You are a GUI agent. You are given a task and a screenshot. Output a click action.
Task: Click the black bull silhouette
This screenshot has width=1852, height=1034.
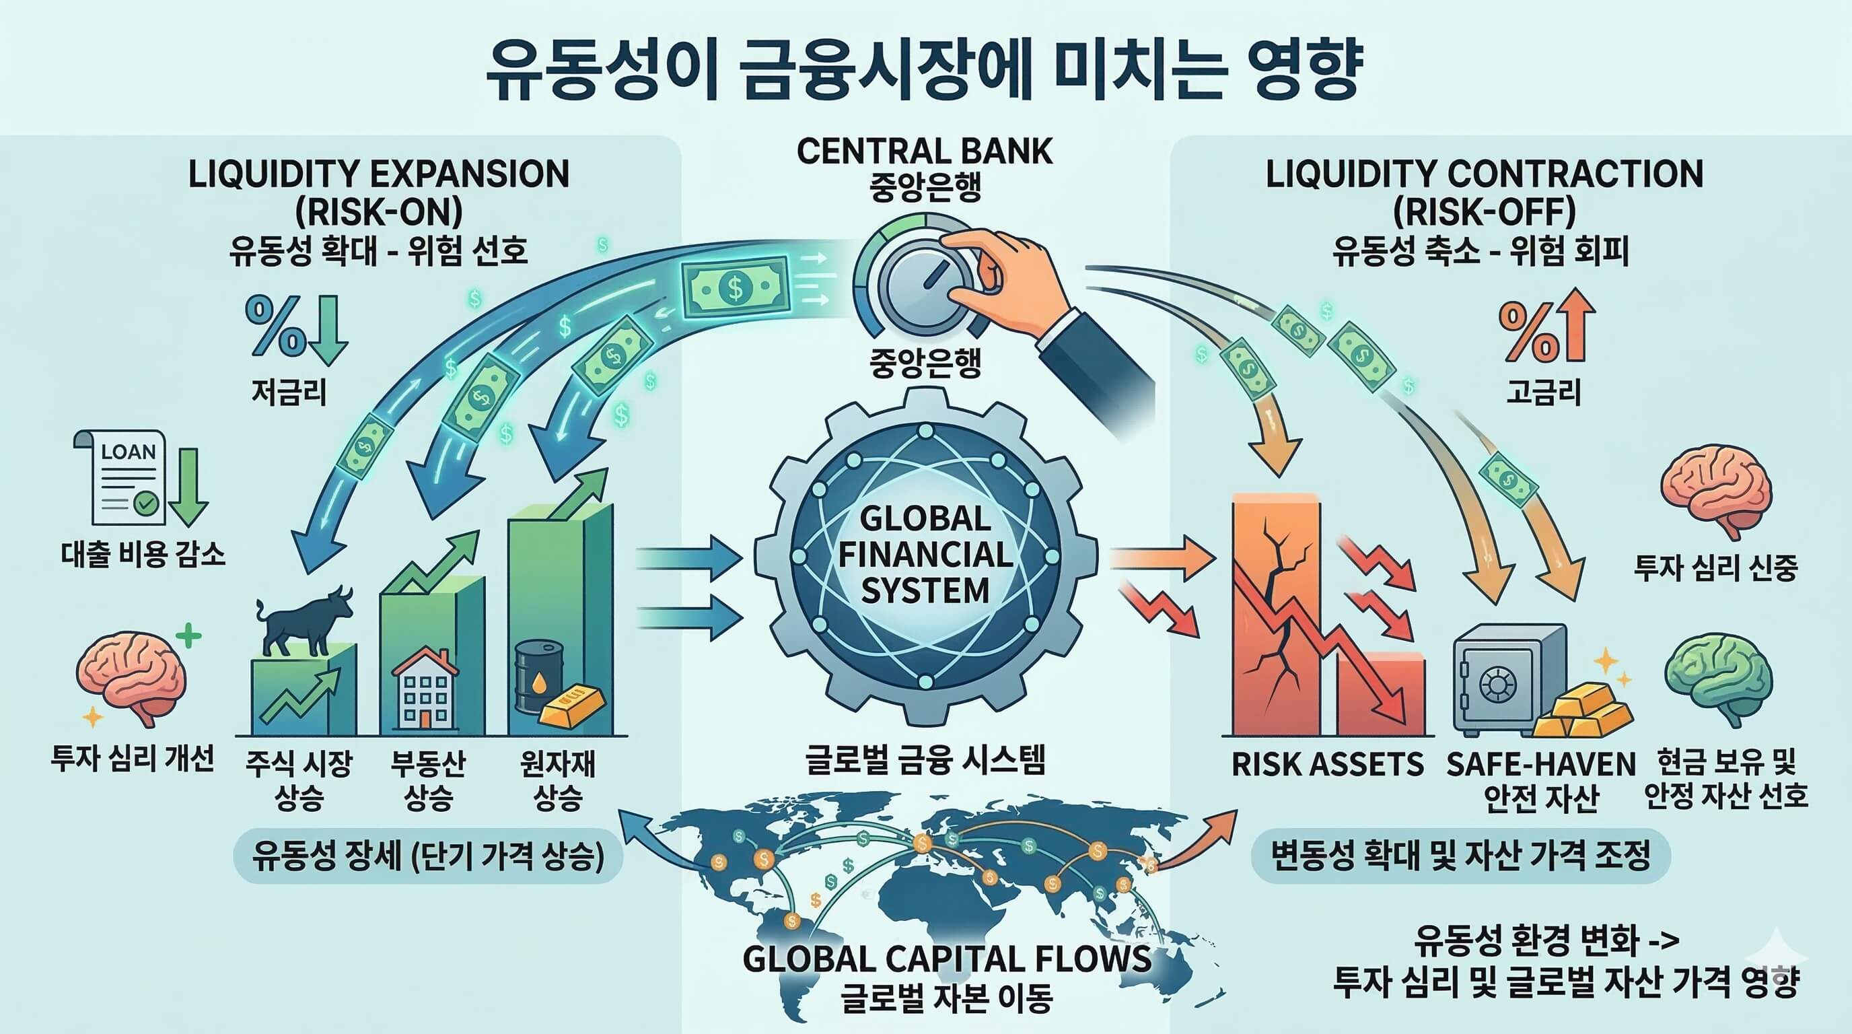click(x=304, y=621)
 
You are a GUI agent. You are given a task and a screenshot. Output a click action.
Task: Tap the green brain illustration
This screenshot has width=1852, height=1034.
click(x=1717, y=679)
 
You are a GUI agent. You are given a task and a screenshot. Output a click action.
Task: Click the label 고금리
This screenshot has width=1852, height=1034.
click(x=1544, y=392)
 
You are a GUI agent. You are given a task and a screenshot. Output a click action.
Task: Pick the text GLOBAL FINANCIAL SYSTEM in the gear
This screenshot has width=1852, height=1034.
click(x=925, y=555)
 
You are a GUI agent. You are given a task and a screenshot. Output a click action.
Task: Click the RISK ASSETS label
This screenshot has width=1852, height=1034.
click(x=1327, y=764)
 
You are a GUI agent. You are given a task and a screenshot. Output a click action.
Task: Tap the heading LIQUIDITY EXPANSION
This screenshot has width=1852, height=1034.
click(x=379, y=175)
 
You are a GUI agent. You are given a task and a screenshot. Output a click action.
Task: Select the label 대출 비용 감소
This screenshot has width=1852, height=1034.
click(x=143, y=553)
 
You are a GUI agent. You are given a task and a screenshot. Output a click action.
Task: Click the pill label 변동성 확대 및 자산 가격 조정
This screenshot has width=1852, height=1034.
click(x=1460, y=856)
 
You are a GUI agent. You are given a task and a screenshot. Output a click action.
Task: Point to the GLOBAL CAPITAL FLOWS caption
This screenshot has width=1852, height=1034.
click(x=946, y=959)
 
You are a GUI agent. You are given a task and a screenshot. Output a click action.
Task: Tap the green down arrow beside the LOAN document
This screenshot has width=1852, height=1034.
click(x=188, y=485)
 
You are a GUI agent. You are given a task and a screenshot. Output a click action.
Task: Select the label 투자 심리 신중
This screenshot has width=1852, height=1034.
click(x=1715, y=568)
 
